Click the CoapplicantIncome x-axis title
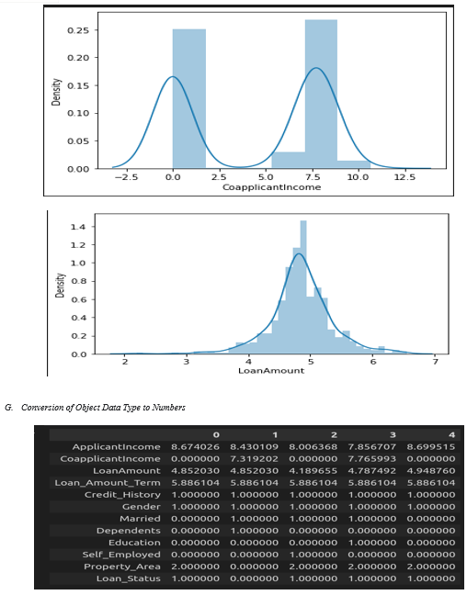click(272, 187)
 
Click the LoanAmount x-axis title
click(271, 371)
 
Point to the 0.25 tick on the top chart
click(78, 30)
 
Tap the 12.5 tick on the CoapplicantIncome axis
click(404, 177)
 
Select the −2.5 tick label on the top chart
click(126, 177)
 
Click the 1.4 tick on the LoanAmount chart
click(78, 227)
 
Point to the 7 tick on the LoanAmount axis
click(435, 362)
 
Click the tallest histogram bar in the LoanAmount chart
click(303, 287)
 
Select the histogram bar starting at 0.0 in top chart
click(189, 98)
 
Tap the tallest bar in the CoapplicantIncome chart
click(321, 94)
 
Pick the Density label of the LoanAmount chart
click(60, 285)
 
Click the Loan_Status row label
click(128, 578)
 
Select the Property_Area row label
click(122, 567)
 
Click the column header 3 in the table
click(393, 435)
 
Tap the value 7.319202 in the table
click(255, 459)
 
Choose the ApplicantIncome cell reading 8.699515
click(431, 447)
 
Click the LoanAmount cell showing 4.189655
click(313, 471)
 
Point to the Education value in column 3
click(372, 543)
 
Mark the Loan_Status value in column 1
click(255, 578)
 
